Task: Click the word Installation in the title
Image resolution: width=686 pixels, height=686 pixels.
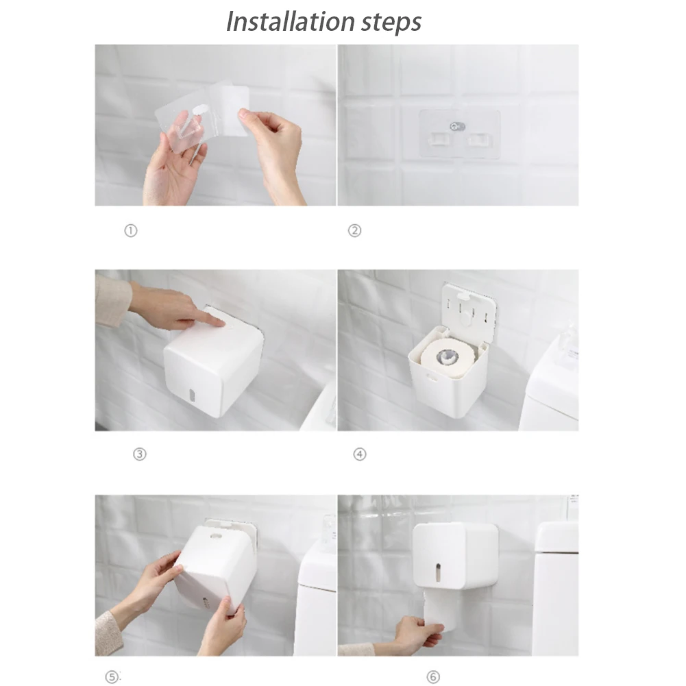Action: pyautogui.click(x=290, y=21)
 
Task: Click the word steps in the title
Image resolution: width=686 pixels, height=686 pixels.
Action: pyautogui.click(x=391, y=23)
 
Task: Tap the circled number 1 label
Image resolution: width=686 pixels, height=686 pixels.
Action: pyautogui.click(x=131, y=230)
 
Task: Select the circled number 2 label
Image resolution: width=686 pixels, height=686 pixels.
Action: pyautogui.click(x=354, y=230)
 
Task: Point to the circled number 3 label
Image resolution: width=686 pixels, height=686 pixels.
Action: pyautogui.click(x=140, y=454)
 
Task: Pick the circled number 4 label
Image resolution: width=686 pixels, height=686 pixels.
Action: pyautogui.click(x=360, y=454)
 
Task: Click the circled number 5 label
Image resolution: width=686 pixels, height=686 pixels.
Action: pyautogui.click(x=112, y=677)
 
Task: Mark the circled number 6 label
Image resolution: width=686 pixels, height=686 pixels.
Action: pyautogui.click(x=433, y=677)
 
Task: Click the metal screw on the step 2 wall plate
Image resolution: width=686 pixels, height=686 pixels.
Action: pyautogui.click(x=458, y=126)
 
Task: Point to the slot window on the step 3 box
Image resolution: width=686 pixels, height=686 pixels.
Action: pyautogui.click(x=191, y=395)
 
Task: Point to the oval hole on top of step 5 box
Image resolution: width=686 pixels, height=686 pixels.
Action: pyautogui.click(x=216, y=536)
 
